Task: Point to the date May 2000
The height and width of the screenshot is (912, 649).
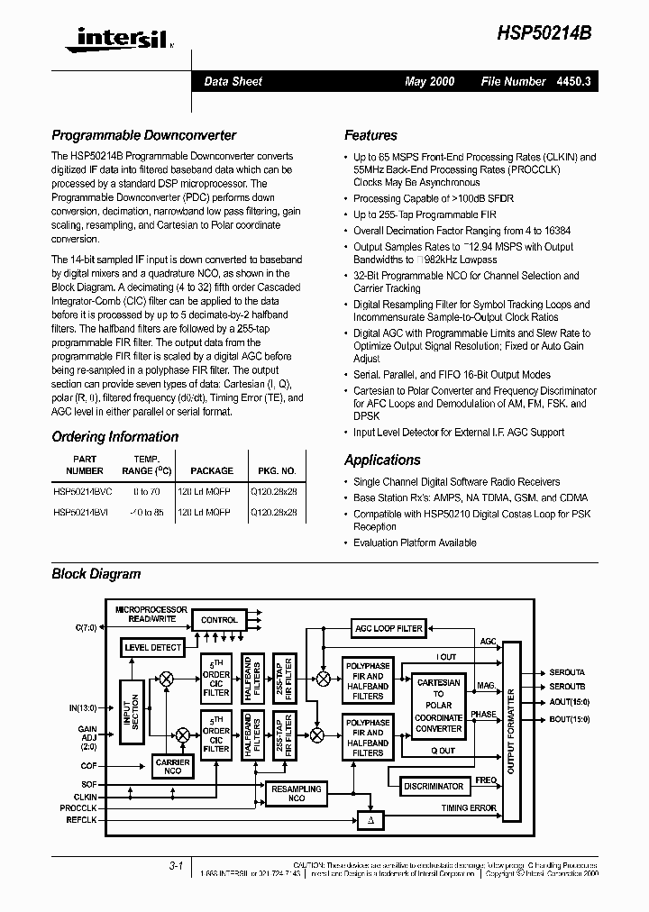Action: tap(430, 81)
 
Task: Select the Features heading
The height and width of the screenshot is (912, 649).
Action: tap(370, 135)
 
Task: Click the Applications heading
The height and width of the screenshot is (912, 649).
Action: tap(382, 460)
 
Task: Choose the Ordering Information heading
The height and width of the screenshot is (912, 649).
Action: tap(115, 437)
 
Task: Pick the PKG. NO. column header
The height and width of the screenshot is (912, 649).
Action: tap(277, 470)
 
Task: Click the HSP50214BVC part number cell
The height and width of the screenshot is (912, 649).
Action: tap(83, 492)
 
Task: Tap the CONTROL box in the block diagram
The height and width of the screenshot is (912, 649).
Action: tap(219, 621)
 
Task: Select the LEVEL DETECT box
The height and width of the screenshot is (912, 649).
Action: tap(153, 647)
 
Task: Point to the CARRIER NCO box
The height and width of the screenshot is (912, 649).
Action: tap(173, 766)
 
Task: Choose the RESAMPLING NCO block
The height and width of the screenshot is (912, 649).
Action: tap(297, 794)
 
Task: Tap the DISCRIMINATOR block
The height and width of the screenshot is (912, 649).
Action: tap(434, 786)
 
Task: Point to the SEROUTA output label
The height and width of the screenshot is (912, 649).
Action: tap(567, 672)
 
